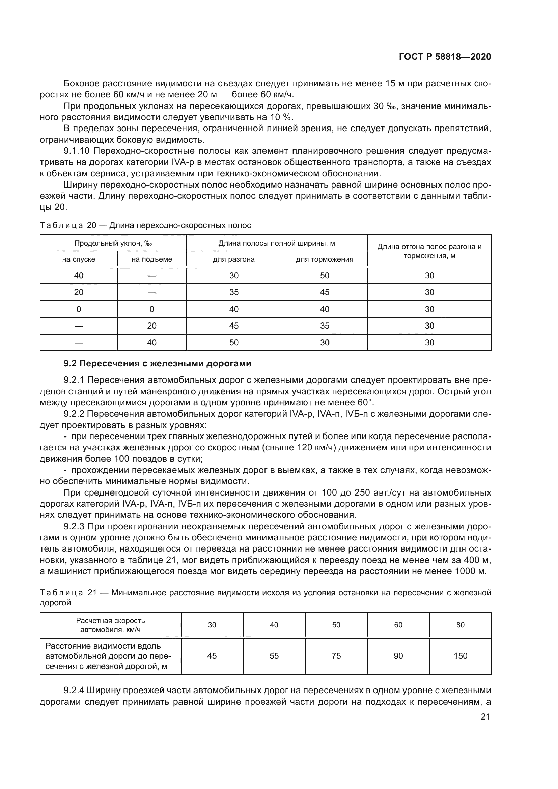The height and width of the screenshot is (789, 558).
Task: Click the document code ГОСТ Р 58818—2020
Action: click(445, 57)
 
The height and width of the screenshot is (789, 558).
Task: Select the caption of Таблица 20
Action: click(145, 225)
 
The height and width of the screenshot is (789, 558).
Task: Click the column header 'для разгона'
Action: click(234, 259)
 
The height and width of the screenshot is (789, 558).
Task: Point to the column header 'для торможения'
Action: click(324, 259)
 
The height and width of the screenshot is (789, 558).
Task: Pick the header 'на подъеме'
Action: click(151, 259)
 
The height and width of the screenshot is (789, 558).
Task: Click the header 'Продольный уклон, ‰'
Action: click(113, 244)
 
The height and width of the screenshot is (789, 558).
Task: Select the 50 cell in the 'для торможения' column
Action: click(324, 276)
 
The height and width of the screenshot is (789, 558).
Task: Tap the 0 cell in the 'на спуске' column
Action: click(79, 309)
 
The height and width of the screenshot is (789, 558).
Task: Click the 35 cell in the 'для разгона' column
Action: click(234, 292)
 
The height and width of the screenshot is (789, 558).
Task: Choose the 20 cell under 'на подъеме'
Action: click(151, 326)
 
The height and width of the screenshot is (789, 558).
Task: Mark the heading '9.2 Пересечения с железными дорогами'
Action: click(157, 364)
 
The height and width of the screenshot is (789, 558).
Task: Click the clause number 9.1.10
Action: click(76, 151)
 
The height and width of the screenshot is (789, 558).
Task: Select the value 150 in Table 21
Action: click(460, 656)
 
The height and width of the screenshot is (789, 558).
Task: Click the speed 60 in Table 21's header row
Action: click(398, 625)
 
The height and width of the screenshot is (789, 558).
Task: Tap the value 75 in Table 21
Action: click(336, 656)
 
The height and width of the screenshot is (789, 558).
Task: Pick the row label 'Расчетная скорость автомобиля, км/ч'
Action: click(110, 625)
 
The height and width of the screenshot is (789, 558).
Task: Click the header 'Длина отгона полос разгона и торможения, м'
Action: click(429, 251)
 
